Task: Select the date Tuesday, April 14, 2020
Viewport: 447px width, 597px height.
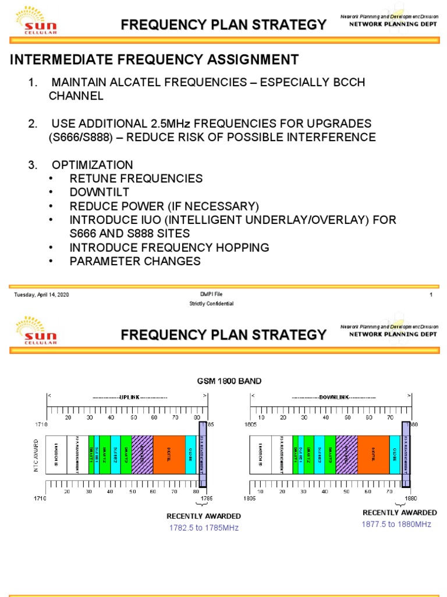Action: click(42, 295)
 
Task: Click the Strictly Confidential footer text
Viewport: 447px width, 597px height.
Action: click(211, 304)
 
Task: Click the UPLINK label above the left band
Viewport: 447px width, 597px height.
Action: click(127, 397)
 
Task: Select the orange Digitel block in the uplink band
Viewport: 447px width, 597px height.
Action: click(169, 454)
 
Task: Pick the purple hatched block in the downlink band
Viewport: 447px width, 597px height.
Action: click(346, 454)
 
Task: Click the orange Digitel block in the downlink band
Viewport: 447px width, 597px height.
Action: click(373, 454)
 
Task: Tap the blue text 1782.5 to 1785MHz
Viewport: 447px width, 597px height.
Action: click(204, 528)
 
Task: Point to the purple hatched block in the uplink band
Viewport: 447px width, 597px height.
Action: click(142, 454)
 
